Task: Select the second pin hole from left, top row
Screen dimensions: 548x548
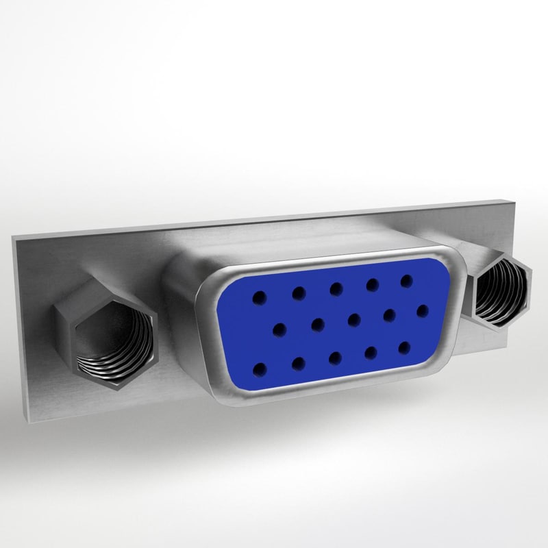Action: [299, 293]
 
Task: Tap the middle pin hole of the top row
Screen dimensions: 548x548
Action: [336, 288]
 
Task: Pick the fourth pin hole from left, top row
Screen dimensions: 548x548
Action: [372, 284]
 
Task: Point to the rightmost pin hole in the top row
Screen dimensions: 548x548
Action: [406, 280]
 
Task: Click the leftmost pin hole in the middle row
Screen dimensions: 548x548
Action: [279, 330]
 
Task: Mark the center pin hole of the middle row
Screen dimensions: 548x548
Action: [354, 319]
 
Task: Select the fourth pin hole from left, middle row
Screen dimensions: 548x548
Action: [390, 314]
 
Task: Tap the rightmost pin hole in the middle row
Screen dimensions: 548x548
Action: [422, 310]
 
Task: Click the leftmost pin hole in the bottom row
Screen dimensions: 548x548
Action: [259, 371]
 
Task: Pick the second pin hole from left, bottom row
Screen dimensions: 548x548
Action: [299, 364]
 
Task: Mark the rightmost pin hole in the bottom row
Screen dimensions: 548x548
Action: [405, 347]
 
